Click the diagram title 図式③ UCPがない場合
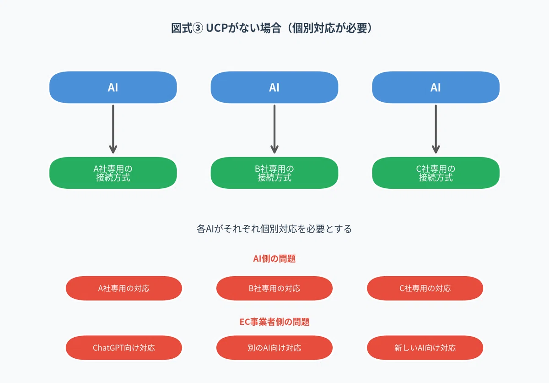click(x=226, y=28)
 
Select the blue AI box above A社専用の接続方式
click(x=113, y=88)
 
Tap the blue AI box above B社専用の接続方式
click(x=274, y=88)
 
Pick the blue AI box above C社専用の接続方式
click(x=436, y=88)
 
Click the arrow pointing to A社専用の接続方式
click(x=113, y=129)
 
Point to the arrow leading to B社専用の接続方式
click(x=274, y=129)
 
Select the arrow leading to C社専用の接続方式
click(x=436, y=129)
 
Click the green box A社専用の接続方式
click(x=113, y=173)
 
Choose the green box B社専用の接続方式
click(x=274, y=173)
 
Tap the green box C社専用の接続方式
click(x=436, y=173)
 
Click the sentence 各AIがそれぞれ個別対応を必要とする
click(x=274, y=229)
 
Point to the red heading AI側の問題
click(x=274, y=258)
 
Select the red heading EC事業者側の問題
click(x=274, y=322)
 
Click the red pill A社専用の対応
click(x=124, y=288)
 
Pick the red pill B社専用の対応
click(x=274, y=288)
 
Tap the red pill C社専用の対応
click(x=425, y=288)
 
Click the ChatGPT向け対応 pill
click(x=124, y=348)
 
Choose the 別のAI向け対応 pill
click(x=274, y=348)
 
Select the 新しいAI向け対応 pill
click(x=425, y=348)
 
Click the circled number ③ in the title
click(x=198, y=28)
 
